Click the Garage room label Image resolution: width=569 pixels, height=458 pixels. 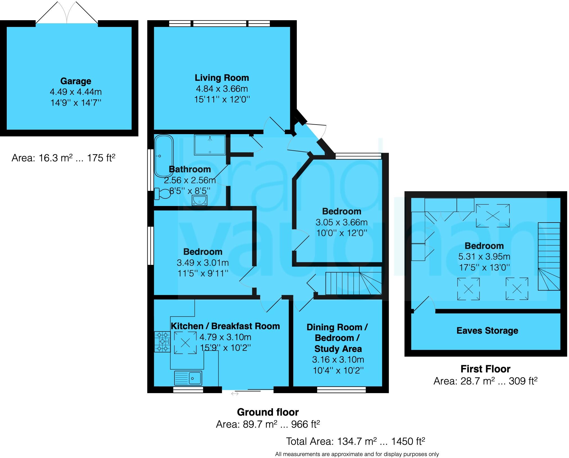pos(76,81)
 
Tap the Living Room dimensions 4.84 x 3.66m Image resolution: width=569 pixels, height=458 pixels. pos(222,89)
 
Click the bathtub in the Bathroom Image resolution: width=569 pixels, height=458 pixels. pos(164,156)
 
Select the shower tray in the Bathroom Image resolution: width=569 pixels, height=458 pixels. pos(210,145)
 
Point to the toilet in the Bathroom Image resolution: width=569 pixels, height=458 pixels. pos(162,194)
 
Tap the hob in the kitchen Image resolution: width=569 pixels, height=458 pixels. pos(162,342)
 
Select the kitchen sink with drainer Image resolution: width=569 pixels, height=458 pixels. pos(188,378)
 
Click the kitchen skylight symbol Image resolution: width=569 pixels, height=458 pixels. pos(185,342)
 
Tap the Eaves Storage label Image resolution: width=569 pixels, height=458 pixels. pos(487,331)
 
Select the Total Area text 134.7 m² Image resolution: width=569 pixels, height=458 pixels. pos(355,441)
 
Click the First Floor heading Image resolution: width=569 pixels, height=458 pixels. pos(485,369)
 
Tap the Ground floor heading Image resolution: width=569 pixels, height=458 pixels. pos(268,412)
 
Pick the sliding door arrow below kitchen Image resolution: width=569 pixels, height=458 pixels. pos(235,394)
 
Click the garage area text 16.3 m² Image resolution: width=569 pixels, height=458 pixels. pos(63,158)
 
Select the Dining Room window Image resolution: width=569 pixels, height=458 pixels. pos(341,390)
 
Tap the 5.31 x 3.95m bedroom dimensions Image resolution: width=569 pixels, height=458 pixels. pos(484,257)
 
